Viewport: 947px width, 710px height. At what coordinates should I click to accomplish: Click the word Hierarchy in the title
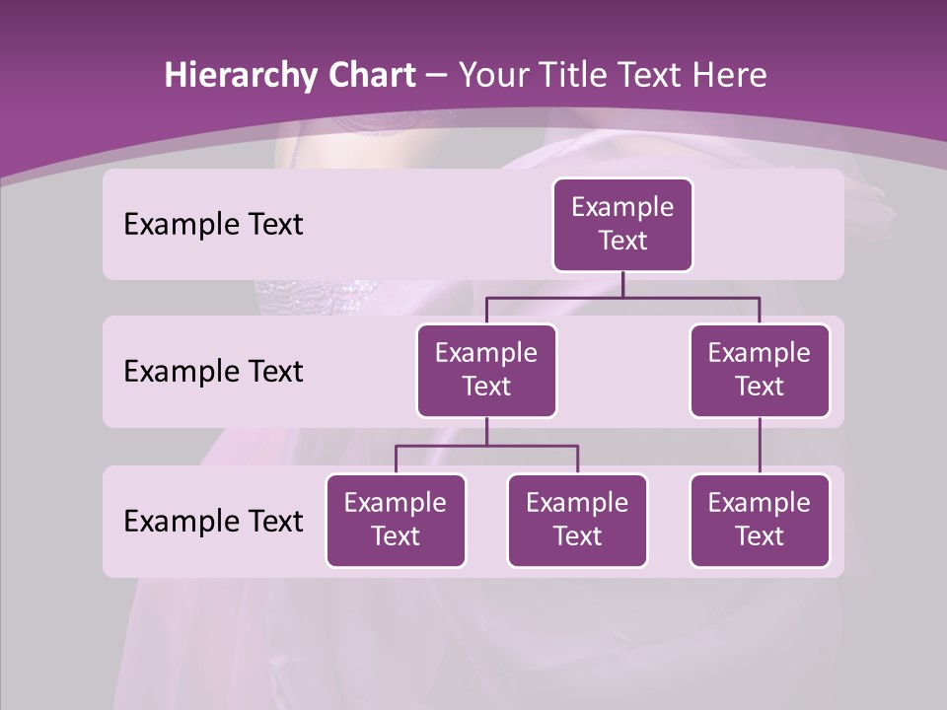coord(238,76)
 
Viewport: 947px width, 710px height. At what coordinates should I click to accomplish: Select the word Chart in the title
coord(367,76)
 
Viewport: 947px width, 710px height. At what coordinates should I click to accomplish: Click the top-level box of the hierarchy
coord(622,225)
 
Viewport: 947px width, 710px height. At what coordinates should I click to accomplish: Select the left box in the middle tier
coord(486,370)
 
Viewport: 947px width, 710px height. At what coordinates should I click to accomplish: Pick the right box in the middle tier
coord(760,370)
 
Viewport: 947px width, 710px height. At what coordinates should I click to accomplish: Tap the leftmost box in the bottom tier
coord(396,520)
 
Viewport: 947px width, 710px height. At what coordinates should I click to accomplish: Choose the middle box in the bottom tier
coord(577,520)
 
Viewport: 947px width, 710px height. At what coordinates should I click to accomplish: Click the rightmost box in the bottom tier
coord(760,520)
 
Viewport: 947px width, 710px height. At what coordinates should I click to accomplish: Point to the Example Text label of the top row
coord(213,225)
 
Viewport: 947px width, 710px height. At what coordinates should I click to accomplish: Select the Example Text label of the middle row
coord(213,372)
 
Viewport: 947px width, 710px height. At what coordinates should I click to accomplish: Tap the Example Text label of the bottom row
coord(213,521)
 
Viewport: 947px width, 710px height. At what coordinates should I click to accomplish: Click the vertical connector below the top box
coord(622,284)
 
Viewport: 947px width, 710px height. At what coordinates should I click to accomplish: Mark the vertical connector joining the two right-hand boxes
coord(760,446)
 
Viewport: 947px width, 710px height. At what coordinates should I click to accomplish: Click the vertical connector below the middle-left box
coord(486,431)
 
